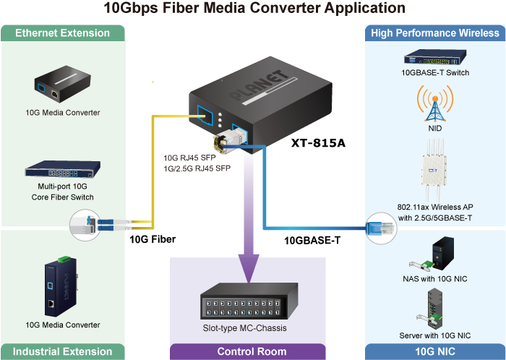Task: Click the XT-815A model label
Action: tap(318, 142)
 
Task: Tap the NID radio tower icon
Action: tap(435, 104)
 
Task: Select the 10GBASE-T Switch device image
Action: tap(435, 57)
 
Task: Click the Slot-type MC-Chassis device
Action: tap(249, 302)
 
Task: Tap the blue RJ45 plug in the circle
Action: tap(381, 228)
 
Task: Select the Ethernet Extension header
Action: tap(63, 33)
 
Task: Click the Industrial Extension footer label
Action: tap(63, 351)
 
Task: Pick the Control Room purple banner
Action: tap(247, 351)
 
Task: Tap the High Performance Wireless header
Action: tap(435, 33)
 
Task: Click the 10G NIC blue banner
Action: tap(435, 351)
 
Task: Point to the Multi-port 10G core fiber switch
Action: tap(63, 169)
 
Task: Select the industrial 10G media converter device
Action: tap(61, 286)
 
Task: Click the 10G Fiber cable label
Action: tap(153, 239)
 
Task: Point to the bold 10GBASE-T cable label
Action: tap(312, 241)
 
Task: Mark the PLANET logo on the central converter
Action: tap(258, 85)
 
